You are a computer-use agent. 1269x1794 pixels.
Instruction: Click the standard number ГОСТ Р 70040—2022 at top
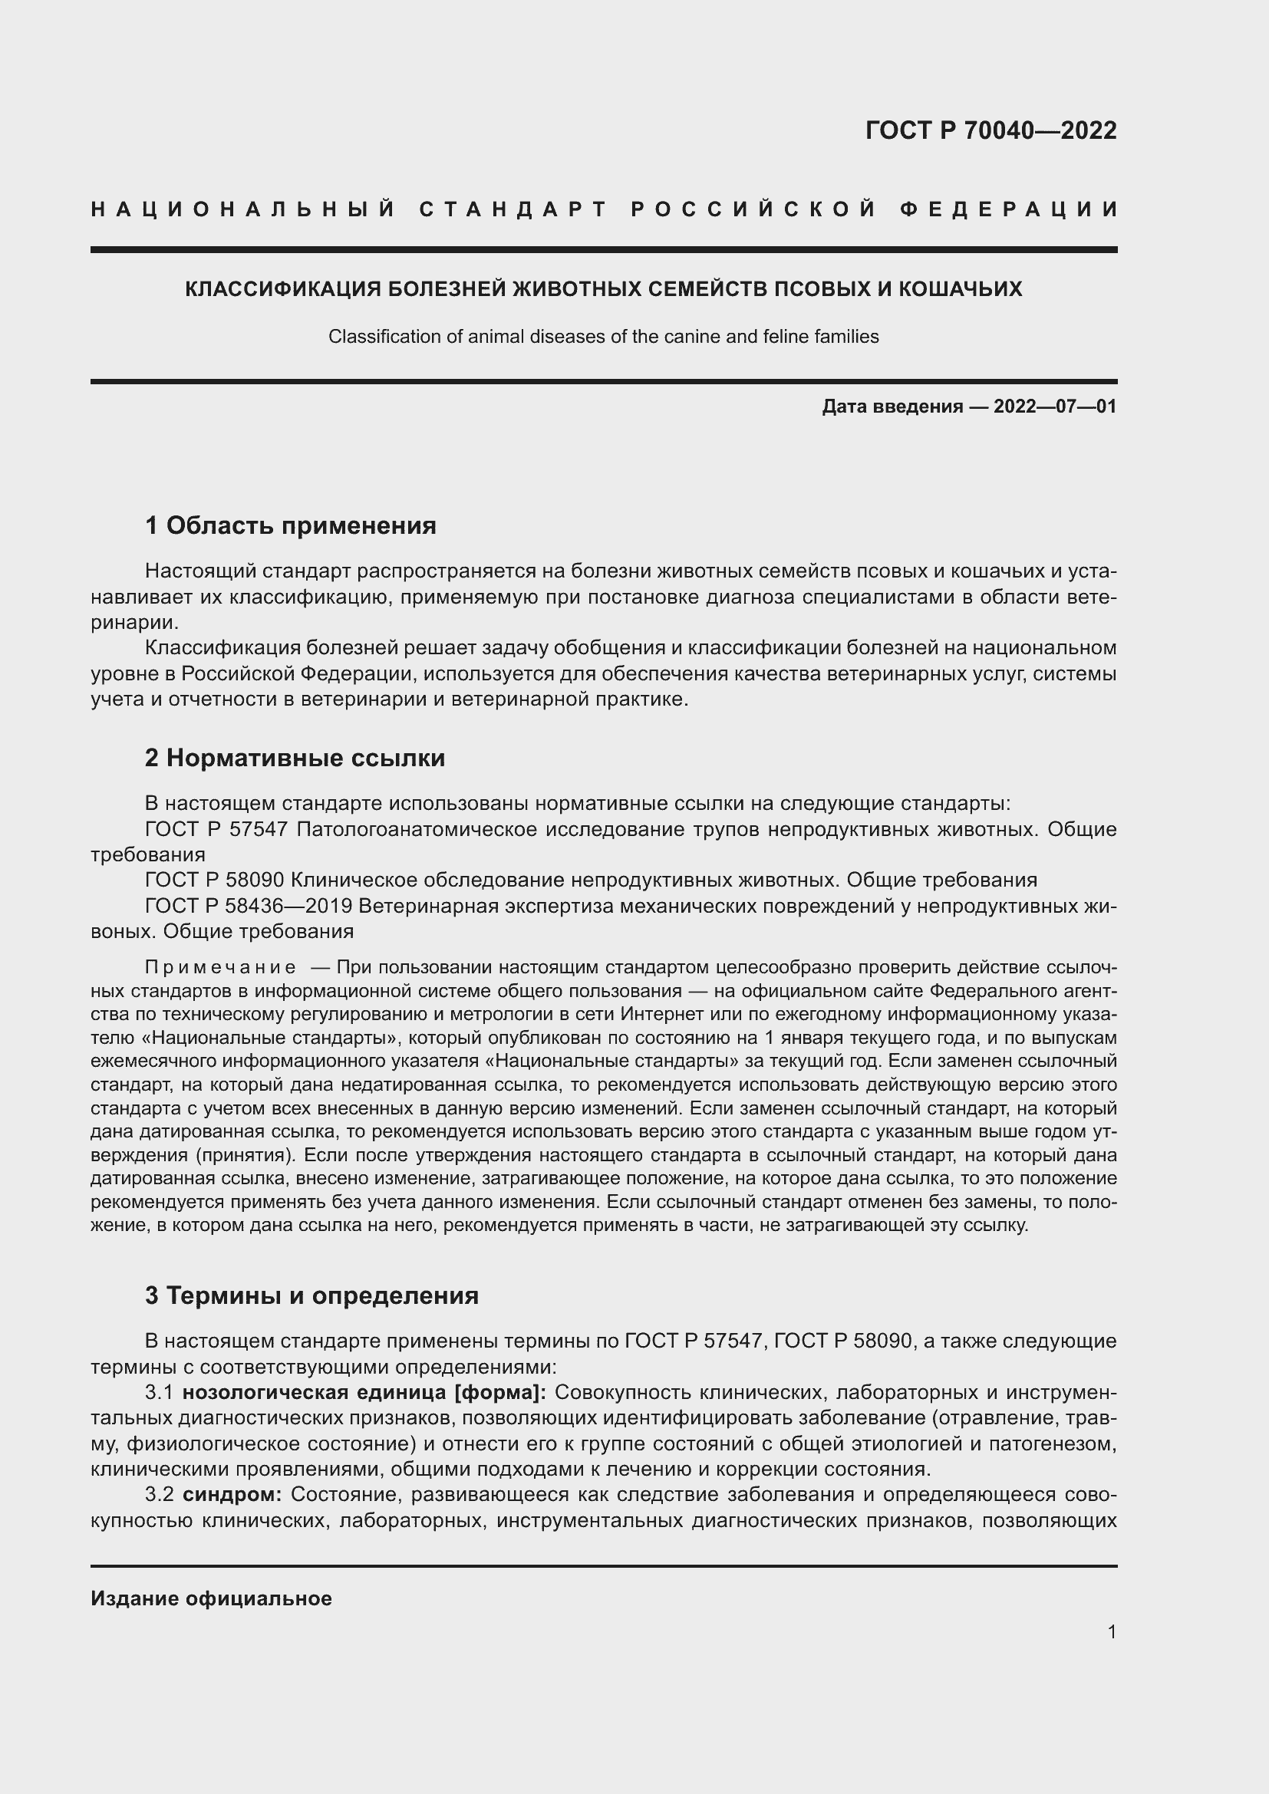click(990, 130)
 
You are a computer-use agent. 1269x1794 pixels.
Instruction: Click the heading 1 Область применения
click(291, 525)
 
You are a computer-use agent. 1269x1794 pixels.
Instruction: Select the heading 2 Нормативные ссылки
click(295, 757)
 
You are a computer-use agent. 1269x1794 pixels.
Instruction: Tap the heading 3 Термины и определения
click(311, 1295)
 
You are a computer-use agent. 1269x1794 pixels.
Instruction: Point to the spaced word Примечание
click(220, 967)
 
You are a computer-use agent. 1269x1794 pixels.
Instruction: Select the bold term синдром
click(232, 1495)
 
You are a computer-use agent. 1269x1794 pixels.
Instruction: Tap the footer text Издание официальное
click(211, 1598)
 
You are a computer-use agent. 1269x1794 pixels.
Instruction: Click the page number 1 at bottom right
click(1111, 1631)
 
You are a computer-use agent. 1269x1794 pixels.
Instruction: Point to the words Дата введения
click(892, 407)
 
